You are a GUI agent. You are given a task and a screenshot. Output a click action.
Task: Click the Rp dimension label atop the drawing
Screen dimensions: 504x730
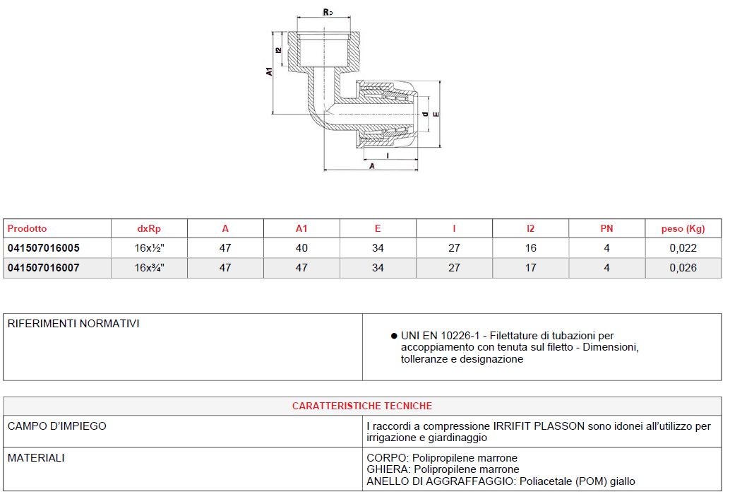[327, 12]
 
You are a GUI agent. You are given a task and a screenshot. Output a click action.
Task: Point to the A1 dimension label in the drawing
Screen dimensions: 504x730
[269, 71]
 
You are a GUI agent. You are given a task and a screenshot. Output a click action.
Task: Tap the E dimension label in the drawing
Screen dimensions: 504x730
[436, 114]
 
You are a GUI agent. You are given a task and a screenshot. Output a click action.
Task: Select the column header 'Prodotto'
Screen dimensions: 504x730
[27, 228]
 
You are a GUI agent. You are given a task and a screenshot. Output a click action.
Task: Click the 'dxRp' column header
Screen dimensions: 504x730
[148, 228]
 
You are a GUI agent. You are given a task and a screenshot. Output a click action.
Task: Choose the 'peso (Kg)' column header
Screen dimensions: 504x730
[683, 228]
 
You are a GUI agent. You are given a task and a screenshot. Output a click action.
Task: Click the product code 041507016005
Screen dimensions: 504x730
[44, 248]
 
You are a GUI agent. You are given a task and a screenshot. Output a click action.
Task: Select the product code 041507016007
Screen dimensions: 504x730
[44, 268]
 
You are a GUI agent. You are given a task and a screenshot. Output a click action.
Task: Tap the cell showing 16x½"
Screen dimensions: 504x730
[150, 248]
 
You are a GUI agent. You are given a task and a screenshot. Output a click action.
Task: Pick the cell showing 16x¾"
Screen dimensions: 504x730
[150, 268]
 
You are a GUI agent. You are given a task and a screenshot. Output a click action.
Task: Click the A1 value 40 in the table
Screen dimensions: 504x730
[301, 248]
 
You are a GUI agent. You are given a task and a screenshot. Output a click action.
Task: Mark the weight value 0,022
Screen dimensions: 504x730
[683, 248]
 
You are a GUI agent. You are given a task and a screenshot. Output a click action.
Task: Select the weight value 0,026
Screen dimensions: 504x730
[683, 268]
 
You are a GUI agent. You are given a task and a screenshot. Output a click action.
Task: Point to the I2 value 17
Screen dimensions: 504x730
[530, 268]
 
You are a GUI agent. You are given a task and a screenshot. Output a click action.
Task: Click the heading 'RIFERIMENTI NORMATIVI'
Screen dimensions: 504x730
[73, 324]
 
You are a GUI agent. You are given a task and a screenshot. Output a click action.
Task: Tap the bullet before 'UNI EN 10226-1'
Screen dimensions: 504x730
[393, 336]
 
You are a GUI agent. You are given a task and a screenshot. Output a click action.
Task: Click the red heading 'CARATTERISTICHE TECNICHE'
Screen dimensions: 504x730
[362, 406]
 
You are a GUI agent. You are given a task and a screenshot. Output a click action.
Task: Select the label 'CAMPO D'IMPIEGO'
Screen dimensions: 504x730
[57, 426]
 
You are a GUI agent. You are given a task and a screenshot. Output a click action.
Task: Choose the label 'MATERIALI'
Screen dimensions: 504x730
[36, 458]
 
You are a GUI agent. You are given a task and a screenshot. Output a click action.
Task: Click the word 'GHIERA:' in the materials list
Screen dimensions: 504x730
[388, 469]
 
